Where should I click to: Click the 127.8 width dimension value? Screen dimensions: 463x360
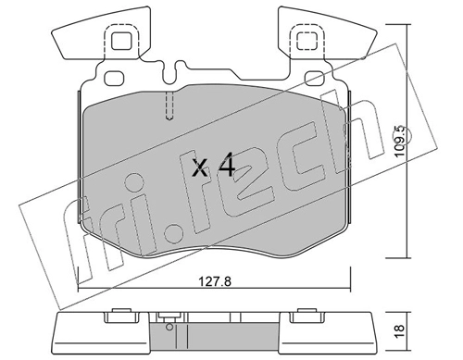tap(214, 281)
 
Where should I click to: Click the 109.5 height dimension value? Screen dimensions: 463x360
tap(400, 141)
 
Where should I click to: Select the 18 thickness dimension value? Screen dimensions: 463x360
tap(399, 331)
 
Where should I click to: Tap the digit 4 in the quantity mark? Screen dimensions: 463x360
tap(227, 167)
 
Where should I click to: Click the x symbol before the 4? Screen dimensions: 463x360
tap(200, 168)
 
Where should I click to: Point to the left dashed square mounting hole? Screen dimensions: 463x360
tap(122, 41)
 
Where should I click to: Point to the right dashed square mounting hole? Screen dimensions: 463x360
tap(307, 41)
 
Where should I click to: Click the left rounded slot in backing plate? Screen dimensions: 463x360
tap(114, 79)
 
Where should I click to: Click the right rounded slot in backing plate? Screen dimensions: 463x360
tap(315, 79)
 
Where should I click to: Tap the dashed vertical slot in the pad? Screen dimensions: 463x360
tap(169, 106)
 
